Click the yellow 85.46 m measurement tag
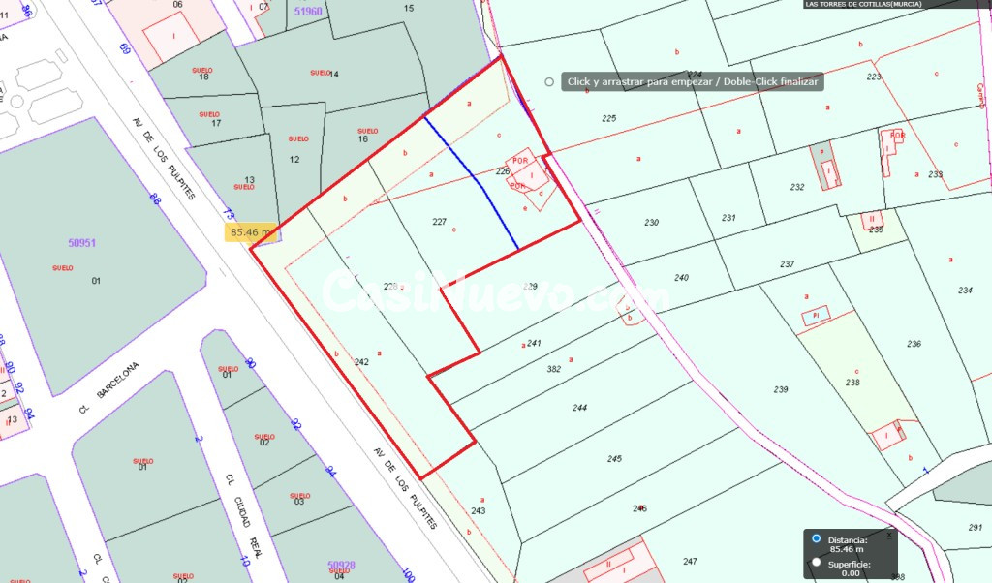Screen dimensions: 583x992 252,232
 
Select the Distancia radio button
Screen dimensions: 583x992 817,538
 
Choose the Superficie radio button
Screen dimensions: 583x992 817,562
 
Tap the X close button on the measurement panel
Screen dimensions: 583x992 889,534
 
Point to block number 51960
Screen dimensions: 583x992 307,11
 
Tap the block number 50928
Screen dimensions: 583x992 341,564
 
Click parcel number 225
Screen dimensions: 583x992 608,118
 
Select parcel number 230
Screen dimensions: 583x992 651,223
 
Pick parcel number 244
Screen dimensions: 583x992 579,408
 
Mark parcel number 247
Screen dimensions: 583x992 690,562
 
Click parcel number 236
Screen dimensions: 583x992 914,344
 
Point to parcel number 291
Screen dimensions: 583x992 975,527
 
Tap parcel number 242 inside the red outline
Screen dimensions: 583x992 361,362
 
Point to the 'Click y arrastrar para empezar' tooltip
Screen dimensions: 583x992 693,82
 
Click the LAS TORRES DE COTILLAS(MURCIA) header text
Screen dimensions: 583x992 863,4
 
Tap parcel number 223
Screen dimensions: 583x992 874,77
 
